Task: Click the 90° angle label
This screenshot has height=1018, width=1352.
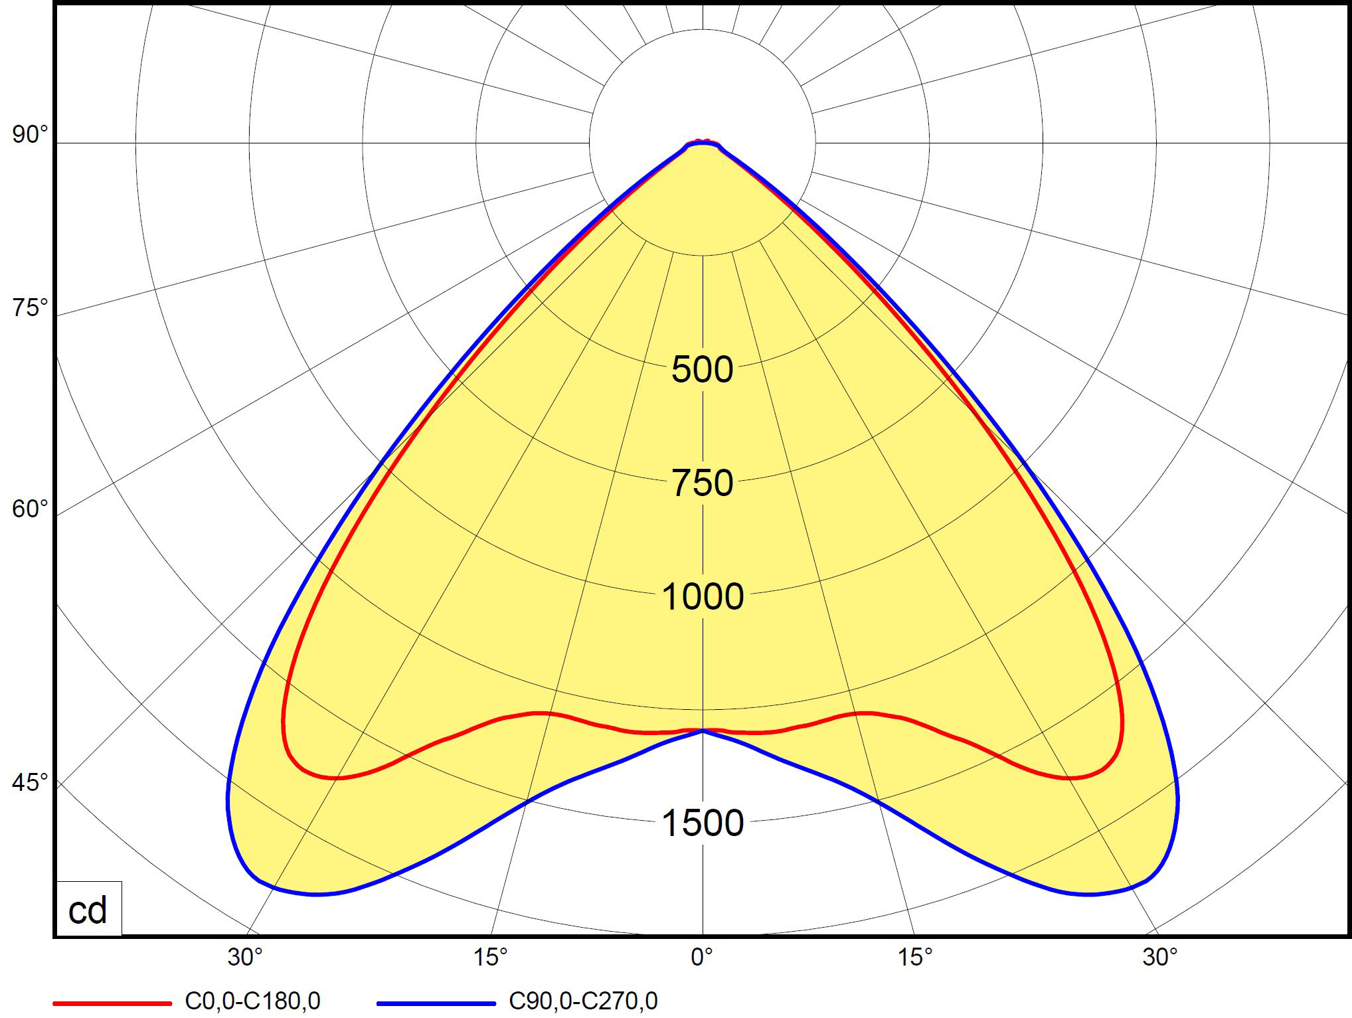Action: click(30, 135)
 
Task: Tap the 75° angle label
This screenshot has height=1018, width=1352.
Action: click(30, 308)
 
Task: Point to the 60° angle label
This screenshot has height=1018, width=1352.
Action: click(30, 509)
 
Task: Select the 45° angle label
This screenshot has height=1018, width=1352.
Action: click(30, 782)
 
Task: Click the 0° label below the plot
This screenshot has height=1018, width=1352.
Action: click(702, 957)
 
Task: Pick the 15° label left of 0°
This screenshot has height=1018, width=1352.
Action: click(490, 957)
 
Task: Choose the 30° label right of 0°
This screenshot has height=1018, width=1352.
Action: click(1160, 957)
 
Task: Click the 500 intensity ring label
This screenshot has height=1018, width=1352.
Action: click(703, 369)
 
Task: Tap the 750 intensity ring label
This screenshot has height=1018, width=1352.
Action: click(703, 483)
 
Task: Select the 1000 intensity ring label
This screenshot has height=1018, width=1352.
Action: click(703, 596)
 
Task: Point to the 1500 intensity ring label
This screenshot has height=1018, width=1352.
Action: click(703, 823)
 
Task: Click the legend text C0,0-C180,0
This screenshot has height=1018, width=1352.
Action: click(252, 1001)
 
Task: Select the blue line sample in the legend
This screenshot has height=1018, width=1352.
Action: click(436, 1003)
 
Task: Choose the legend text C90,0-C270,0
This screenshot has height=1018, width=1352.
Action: click(583, 1001)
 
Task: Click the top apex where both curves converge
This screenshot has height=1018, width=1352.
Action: click(703, 142)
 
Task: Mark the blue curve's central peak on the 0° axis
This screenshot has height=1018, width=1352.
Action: click(703, 730)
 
